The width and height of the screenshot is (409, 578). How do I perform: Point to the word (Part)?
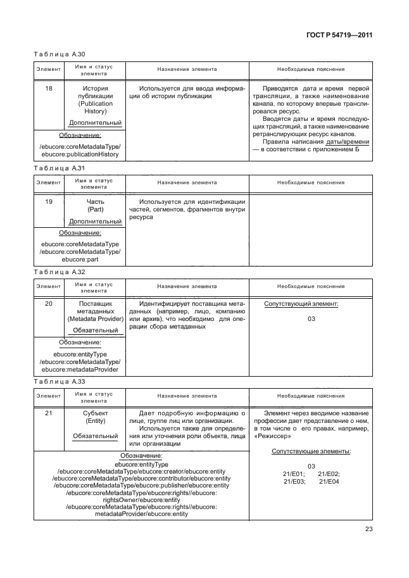95,210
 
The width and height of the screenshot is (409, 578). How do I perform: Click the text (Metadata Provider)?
95,320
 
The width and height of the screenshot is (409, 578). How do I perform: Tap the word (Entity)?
95,422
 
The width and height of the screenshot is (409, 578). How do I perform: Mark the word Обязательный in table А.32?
95,330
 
